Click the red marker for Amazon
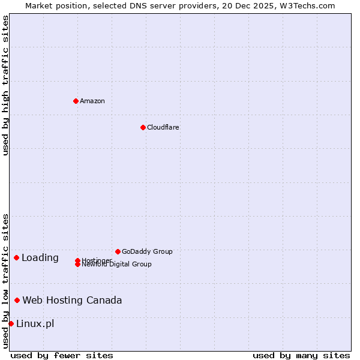(x=76, y=101)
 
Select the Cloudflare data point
(x=143, y=127)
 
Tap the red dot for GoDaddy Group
(x=118, y=251)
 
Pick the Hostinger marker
(x=77, y=260)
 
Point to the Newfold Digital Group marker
(x=77, y=264)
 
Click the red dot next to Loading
(x=16, y=257)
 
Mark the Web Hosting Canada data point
(x=17, y=300)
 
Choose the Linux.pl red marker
(x=11, y=323)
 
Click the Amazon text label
(x=92, y=101)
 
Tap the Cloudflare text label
(x=163, y=127)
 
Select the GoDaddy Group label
(x=147, y=251)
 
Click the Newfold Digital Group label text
(x=116, y=265)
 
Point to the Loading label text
(x=40, y=258)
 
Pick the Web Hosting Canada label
(x=72, y=300)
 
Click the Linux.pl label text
(x=35, y=324)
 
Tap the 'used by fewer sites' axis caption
(x=62, y=355)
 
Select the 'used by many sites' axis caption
(x=301, y=355)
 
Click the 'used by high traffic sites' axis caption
(x=5, y=85)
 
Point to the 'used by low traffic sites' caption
(x=5, y=281)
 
